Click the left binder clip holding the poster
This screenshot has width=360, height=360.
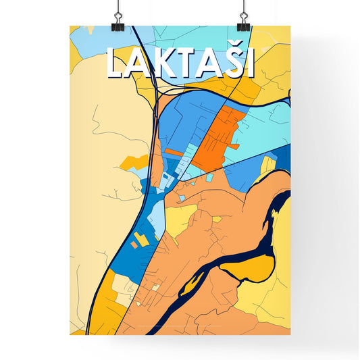tap(118, 21)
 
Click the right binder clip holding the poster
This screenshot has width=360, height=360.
tap(242, 21)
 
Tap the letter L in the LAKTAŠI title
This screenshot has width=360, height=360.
tap(115, 63)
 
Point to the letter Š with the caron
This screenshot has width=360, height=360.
tap(226, 61)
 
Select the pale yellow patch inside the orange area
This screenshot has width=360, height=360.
tap(181, 220)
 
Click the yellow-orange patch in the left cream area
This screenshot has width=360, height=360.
tap(134, 162)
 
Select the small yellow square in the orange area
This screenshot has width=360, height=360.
tap(217, 220)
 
